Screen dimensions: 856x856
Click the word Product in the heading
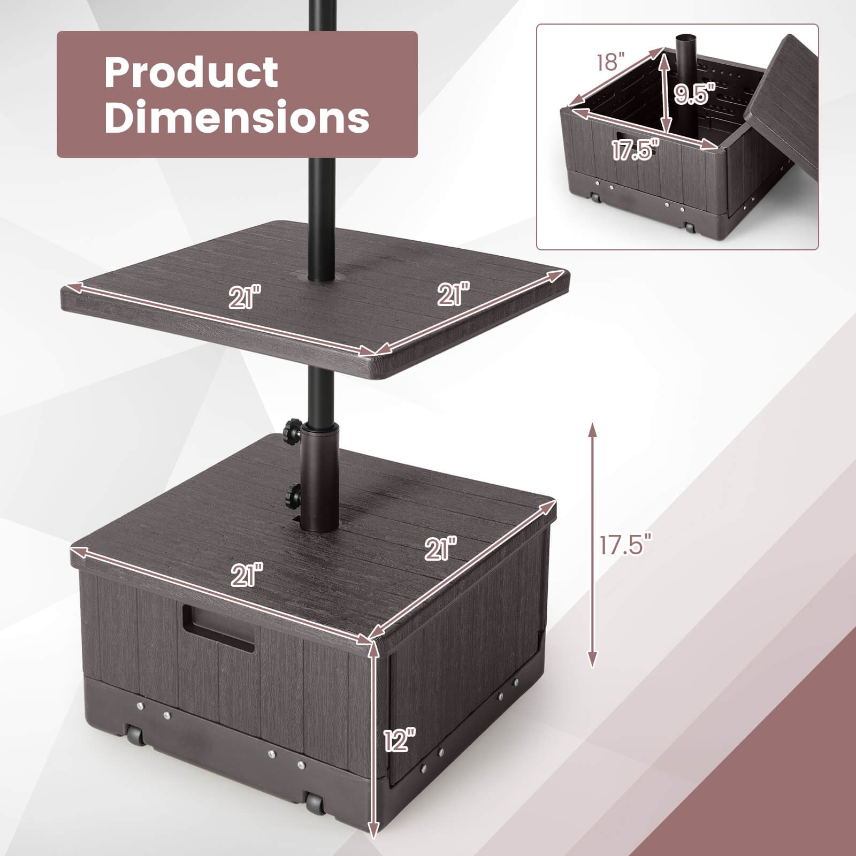click(x=191, y=73)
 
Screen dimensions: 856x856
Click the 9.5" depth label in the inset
click(x=694, y=95)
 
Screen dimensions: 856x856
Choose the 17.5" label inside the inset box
click(x=635, y=151)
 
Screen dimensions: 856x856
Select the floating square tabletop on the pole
click(x=316, y=300)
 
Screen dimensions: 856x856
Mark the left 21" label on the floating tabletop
click(x=243, y=297)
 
